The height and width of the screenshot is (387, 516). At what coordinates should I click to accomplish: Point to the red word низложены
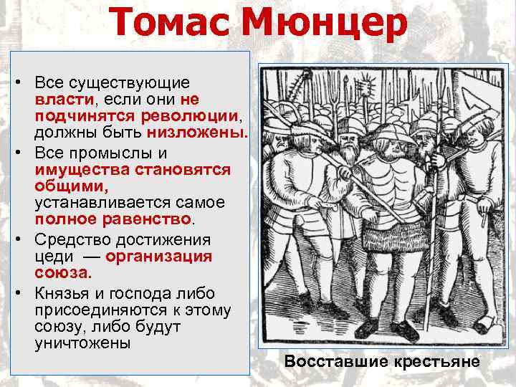coord(198,133)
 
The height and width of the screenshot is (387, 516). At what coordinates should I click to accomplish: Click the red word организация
coord(158,257)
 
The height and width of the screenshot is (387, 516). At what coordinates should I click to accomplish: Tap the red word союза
coord(62,273)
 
